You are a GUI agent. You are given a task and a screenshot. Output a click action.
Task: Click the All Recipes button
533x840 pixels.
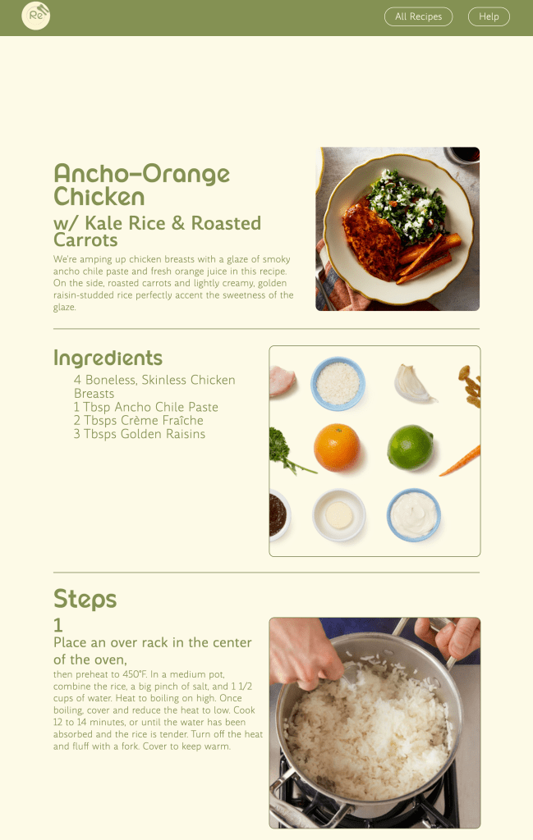pos(418,16)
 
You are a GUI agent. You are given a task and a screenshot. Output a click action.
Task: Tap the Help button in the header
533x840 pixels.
pos(489,16)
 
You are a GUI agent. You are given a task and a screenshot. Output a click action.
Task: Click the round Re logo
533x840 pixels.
pos(36,16)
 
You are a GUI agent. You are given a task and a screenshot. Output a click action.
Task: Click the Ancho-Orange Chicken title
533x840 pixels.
pos(141,185)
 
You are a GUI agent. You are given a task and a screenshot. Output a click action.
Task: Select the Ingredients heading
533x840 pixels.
pos(108,358)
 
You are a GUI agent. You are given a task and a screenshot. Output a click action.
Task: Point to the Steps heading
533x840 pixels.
pos(85,599)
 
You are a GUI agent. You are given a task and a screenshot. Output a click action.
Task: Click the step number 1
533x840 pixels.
pos(58,625)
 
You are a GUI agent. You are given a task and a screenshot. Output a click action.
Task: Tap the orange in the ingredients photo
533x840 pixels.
pos(337,447)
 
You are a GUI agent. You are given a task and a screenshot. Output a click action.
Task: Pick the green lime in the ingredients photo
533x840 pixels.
pos(410,447)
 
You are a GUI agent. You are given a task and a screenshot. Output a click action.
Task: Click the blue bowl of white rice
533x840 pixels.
pos(338,384)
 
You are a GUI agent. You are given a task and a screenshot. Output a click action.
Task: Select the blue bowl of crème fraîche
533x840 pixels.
pos(413,515)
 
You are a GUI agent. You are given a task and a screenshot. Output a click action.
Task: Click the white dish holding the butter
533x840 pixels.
pos(339,515)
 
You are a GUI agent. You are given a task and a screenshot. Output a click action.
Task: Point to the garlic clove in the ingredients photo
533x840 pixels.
pos(412,384)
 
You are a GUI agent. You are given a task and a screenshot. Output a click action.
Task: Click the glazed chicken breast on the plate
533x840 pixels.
pos(370,241)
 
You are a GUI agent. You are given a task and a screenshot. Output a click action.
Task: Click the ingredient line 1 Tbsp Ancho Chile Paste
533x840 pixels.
pos(146,407)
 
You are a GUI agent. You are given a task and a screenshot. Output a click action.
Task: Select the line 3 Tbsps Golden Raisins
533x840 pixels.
pos(140,434)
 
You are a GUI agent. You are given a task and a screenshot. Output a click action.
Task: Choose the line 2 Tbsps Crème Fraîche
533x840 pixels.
pos(138,421)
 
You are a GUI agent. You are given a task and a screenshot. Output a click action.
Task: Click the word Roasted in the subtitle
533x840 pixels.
pos(226,223)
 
